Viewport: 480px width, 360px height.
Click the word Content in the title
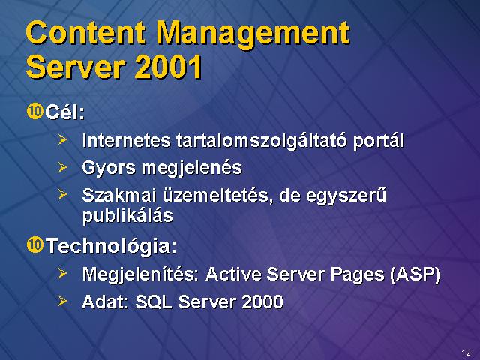pyautogui.click(x=86, y=32)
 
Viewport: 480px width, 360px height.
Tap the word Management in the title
pyautogui.click(x=253, y=35)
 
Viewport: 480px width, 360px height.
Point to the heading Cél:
pyautogui.click(x=65, y=112)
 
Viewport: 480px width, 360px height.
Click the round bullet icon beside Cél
pyautogui.click(x=35, y=111)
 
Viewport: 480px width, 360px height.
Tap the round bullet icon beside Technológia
pyautogui.click(x=35, y=244)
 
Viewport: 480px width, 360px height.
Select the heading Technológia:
pyautogui.click(x=112, y=245)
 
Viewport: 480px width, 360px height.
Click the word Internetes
pyautogui.click(x=126, y=140)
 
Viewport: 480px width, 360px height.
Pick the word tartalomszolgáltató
pyautogui.click(x=262, y=142)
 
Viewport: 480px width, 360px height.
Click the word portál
pyautogui.click(x=378, y=142)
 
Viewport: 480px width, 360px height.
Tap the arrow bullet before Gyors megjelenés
pyautogui.click(x=62, y=167)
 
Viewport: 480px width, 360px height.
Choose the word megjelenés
pyautogui.click(x=192, y=169)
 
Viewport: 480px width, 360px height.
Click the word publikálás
pyautogui.click(x=127, y=216)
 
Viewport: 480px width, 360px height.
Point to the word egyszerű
pyautogui.click(x=346, y=196)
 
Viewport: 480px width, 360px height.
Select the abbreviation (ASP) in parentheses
pyautogui.click(x=415, y=274)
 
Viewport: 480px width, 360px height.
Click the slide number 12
pyautogui.click(x=466, y=352)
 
